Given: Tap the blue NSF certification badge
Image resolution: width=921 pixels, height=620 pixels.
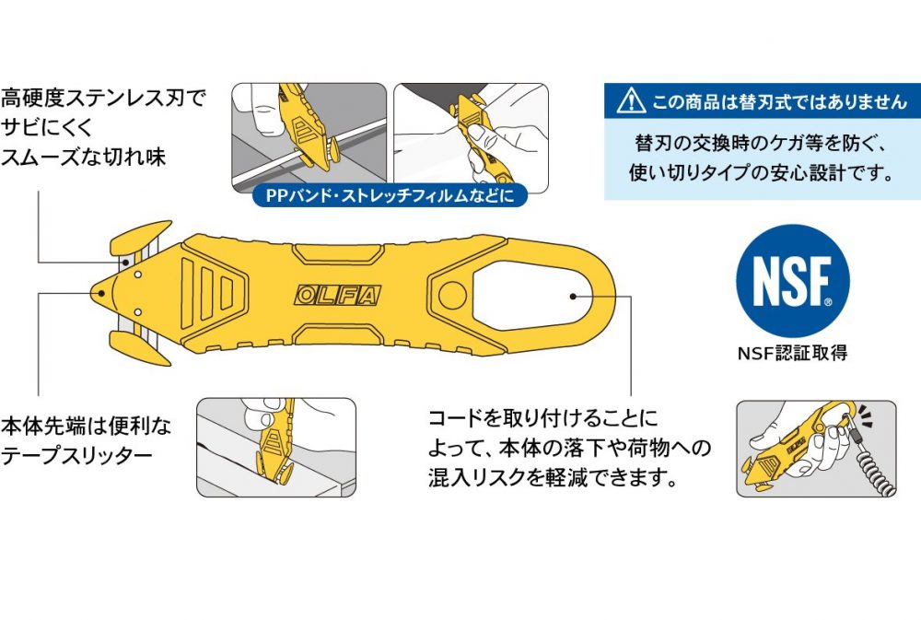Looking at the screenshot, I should pos(791,280).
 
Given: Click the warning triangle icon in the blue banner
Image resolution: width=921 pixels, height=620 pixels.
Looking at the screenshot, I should pos(630,100).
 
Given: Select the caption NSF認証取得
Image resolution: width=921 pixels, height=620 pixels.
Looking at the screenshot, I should pos(791,351).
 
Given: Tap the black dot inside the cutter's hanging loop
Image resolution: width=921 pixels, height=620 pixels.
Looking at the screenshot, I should pos(573,296).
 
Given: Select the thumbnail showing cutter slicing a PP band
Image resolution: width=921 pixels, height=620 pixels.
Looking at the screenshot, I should pos(308,136).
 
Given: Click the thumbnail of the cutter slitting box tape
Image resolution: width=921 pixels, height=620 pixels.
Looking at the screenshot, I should pos(276,447).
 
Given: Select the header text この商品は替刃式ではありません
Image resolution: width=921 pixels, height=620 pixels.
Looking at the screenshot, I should pos(779,100).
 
